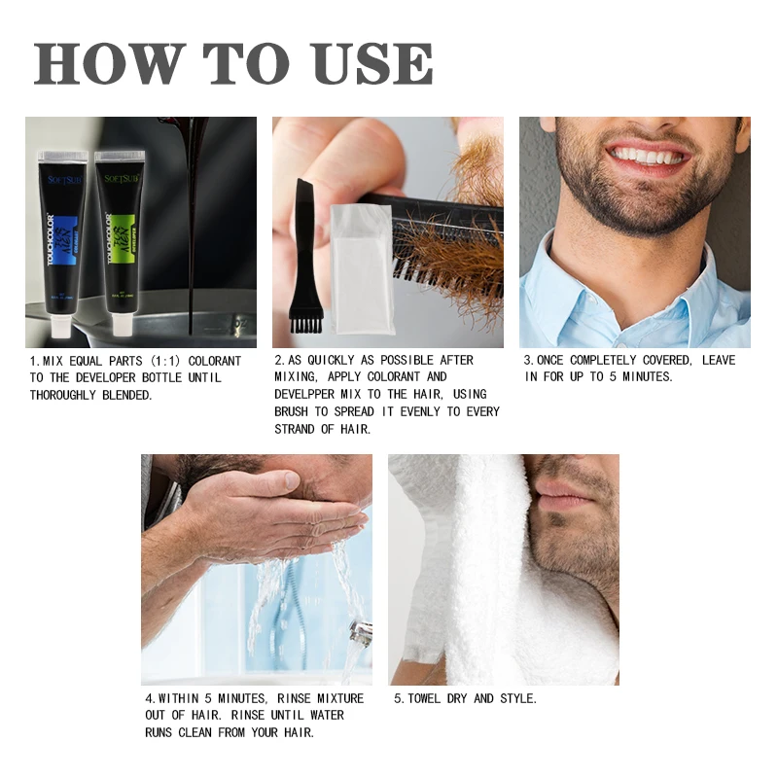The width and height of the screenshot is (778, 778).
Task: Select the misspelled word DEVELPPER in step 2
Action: pyautogui.click(x=311, y=395)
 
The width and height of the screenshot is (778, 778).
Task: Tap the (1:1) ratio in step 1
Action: pyautogui.click(x=170, y=360)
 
